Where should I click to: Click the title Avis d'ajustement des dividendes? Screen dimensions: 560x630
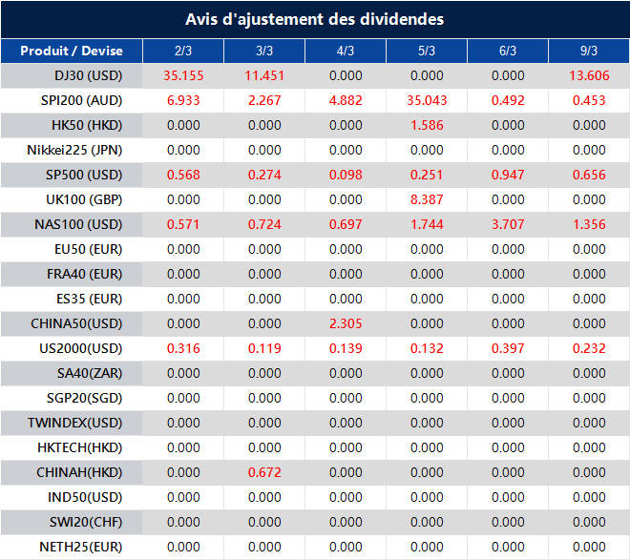tap(314, 19)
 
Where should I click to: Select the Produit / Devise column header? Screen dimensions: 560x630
tap(72, 51)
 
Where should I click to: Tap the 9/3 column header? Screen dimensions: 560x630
tap(589, 51)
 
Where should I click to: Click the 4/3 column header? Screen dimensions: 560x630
tap(346, 51)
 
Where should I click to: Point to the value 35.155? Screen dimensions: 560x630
tap(183, 75)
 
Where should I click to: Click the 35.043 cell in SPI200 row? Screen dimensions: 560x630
tap(427, 100)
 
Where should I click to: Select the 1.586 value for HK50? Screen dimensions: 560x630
tap(427, 125)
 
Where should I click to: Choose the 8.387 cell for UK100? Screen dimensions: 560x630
tap(427, 199)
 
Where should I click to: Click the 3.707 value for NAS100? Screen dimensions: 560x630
tap(508, 224)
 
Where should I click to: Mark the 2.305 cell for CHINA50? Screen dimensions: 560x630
tap(346, 323)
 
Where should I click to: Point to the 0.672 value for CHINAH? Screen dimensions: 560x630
tap(264, 472)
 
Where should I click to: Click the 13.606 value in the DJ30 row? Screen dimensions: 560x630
tap(589, 75)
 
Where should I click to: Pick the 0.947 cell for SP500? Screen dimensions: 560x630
tap(508, 175)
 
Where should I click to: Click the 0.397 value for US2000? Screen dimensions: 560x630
tap(508, 348)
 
